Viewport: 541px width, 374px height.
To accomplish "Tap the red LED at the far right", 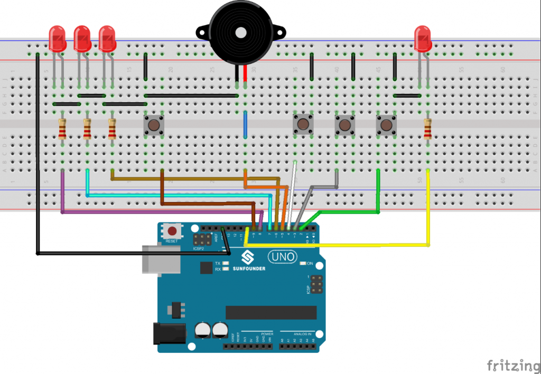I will click(423, 38).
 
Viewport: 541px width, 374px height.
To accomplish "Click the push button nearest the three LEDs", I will click(154, 126).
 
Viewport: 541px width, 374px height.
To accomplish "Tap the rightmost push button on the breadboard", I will click(386, 125).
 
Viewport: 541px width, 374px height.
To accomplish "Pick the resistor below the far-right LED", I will click(427, 129).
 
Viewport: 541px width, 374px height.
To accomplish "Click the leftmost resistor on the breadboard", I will click(62, 129).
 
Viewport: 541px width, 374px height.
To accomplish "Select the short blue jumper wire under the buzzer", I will click(245, 126).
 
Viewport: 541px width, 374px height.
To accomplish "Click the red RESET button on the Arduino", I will click(172, 231).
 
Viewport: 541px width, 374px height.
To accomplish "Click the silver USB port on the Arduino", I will click(153, 259).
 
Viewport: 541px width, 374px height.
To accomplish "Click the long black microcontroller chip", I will click(270, 312).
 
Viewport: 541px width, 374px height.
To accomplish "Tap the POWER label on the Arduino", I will click(267, 334).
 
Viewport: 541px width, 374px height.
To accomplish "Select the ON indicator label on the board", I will click(310, 263).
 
